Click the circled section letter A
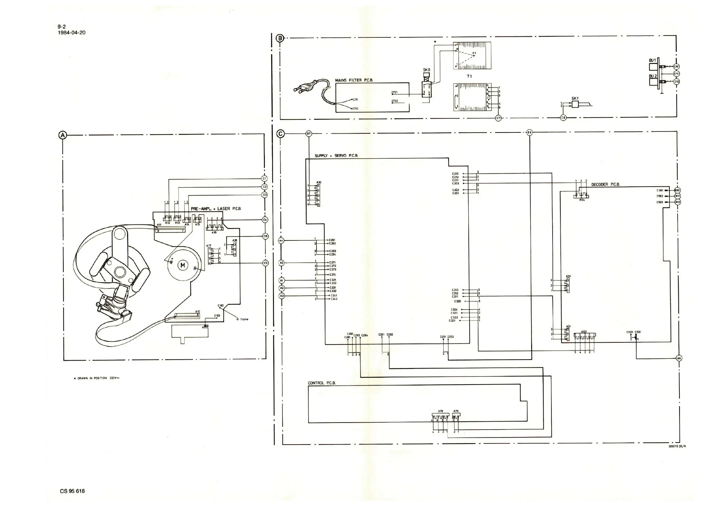63,135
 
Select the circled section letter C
281,134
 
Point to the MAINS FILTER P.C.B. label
354,80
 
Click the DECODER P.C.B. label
605,185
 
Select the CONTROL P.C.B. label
322,383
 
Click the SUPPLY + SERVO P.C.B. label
336,155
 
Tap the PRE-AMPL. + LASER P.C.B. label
216,208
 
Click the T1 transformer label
469,76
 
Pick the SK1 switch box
575,104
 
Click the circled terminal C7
498,118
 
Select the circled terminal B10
677,190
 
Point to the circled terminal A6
679,358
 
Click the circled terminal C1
264,179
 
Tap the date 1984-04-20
72,33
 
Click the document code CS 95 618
72,491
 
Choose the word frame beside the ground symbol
244,319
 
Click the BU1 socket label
652,60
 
